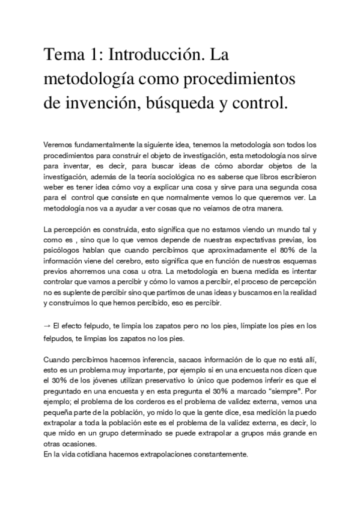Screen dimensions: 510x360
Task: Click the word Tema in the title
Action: tap(64, 57)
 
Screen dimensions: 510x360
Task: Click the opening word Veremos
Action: tap(59, 145)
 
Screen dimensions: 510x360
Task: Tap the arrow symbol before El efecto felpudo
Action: tap(47, 327)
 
